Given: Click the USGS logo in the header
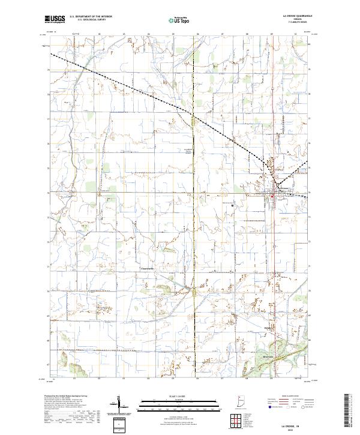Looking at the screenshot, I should [55, 19].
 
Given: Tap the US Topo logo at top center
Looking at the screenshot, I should [180, 20].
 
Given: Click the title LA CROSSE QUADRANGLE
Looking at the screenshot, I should [293, 16].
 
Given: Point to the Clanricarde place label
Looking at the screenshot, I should [147, 268].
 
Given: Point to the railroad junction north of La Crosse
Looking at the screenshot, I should [276, 182].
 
